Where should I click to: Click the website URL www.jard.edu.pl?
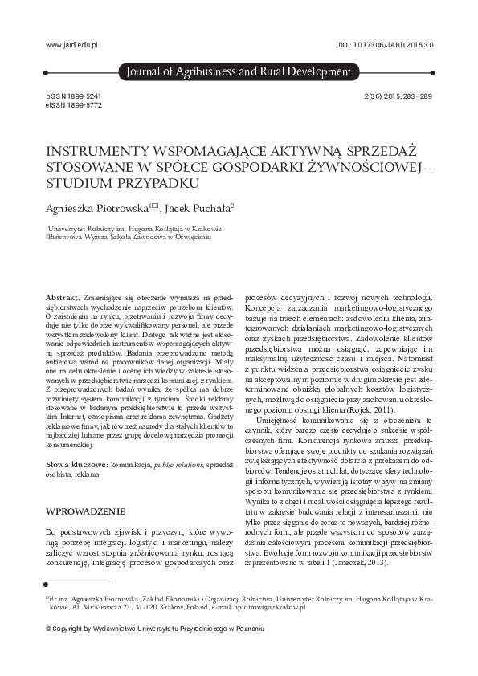(x=72, y=47)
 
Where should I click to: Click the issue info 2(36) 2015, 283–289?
(x=398, y=96)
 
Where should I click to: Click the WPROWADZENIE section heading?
(x=85, y=511)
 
